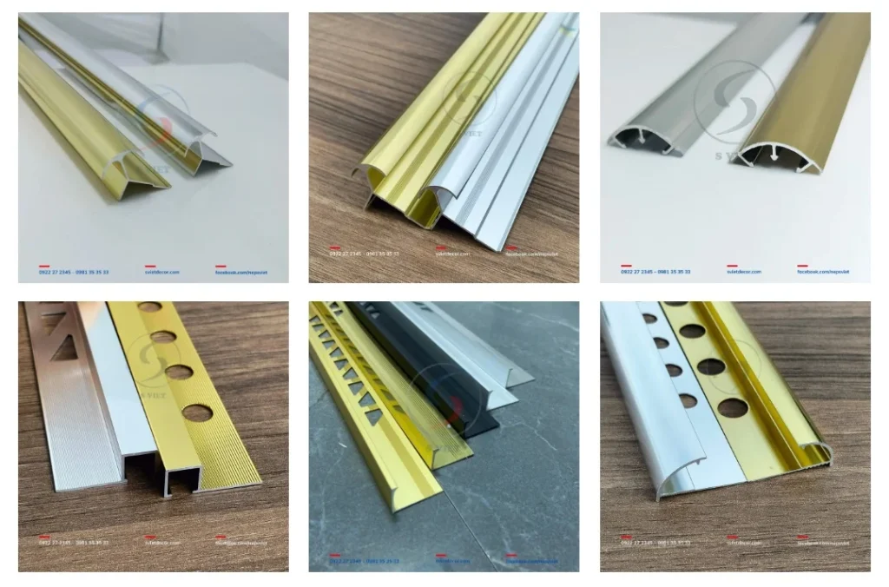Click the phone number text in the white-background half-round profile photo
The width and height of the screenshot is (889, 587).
655,272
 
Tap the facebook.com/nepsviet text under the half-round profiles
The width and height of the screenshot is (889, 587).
823,272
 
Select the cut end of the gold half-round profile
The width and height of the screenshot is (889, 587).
771,156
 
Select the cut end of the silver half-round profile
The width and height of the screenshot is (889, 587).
641,139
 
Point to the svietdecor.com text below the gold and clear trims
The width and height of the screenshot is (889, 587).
161,272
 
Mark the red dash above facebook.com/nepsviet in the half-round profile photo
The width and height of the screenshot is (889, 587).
803,265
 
